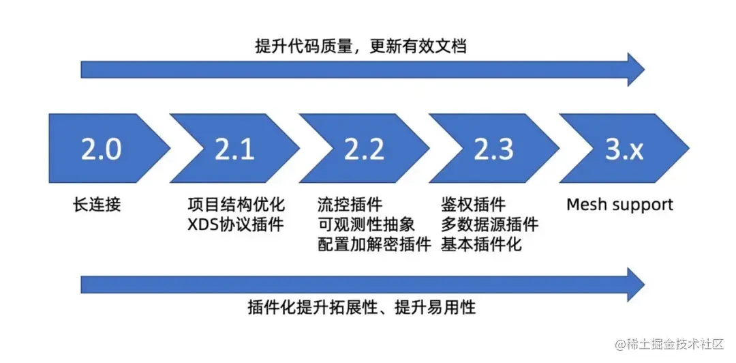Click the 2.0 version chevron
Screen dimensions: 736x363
pos(104,148)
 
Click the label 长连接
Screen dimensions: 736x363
pos(97,205)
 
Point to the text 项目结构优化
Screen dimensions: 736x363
pos(236,205)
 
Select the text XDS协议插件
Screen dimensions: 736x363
pos(236,224)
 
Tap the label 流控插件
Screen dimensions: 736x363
pos(350,205)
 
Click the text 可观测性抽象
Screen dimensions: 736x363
pos(366,224)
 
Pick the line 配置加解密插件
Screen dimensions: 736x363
pos(374,245)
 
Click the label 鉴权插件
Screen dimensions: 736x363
pos(473,205)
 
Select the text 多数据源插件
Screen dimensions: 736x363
pos(489,224)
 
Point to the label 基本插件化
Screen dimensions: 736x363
pos(481,245)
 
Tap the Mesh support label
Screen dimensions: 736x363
pos(619,205)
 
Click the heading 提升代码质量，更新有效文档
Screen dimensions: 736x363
pos(361,46)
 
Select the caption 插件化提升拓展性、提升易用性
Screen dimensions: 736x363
pos(361,308)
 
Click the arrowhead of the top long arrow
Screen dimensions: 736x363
pos(636,70)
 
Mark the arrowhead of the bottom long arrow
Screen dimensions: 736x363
pos(636,284)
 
